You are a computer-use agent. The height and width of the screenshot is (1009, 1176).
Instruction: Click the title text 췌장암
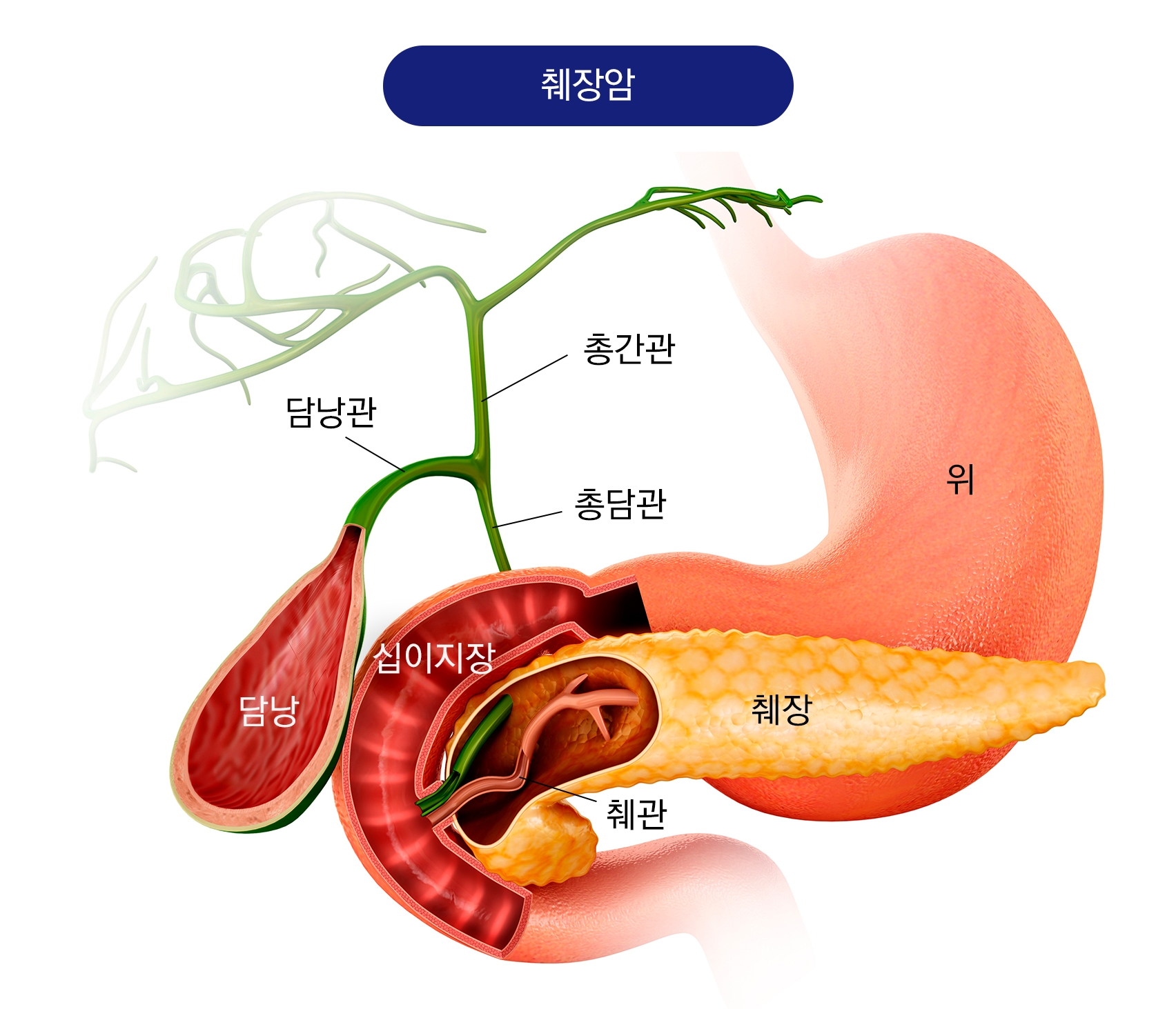coord(587,86)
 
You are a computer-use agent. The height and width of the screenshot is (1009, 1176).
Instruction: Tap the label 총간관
coord(629,349)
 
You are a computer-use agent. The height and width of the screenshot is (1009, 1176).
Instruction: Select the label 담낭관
coord(331,412)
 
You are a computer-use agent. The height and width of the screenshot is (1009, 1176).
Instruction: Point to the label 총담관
coord(620,504)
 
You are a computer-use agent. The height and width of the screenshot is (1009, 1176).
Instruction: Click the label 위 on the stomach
coord(960,479)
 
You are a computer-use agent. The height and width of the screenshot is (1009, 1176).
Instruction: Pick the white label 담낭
coord(268,710)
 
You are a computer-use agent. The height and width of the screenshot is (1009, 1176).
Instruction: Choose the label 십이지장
coord(435,657)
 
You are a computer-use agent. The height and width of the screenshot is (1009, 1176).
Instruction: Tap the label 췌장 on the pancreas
coord(782,709)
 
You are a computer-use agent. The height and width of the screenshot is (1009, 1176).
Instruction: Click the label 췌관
coord(636,814)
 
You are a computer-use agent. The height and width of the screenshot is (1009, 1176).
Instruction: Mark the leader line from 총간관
coord(525,378)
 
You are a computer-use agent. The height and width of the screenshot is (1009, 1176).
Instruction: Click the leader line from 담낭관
coord(375,453)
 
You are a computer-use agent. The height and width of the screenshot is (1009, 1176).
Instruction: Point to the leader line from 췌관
coord(559,789)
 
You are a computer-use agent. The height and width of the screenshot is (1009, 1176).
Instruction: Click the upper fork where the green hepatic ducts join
coord(475,301)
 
